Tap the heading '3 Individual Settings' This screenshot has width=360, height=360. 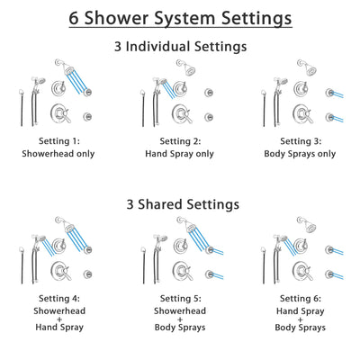(x=180, y=44)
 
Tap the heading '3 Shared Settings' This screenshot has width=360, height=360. (x=180, y=204)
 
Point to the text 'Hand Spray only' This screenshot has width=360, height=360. (x=180, y=154)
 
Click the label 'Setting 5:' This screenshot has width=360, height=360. (x=180, y=301)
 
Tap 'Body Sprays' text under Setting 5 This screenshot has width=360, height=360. (x=180, y=338)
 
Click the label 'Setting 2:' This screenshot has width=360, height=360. (x=180, y=142)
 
